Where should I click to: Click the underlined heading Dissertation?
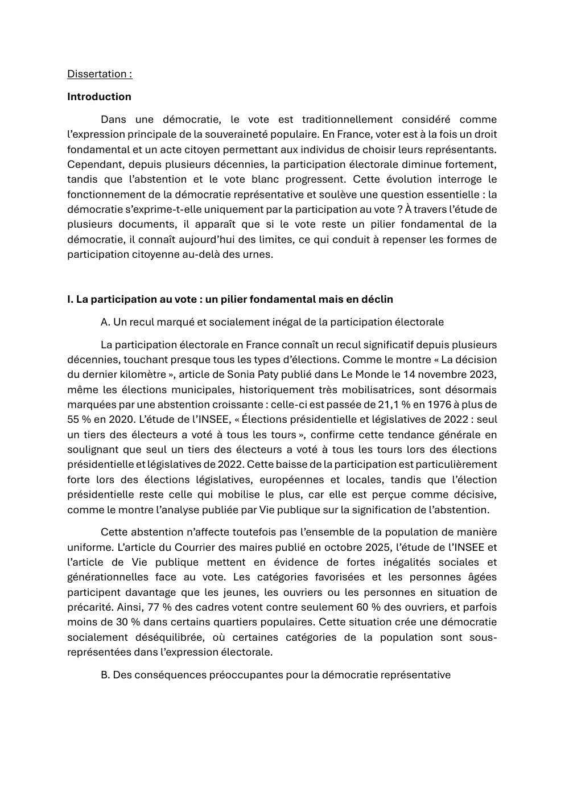[99, 74]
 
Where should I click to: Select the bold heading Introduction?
[99, 97]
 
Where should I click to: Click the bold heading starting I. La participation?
[230, 299]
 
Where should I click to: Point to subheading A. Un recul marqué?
[272, 322]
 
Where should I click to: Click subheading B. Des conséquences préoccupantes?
[275, 675]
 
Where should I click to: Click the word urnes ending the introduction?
[257, 254]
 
